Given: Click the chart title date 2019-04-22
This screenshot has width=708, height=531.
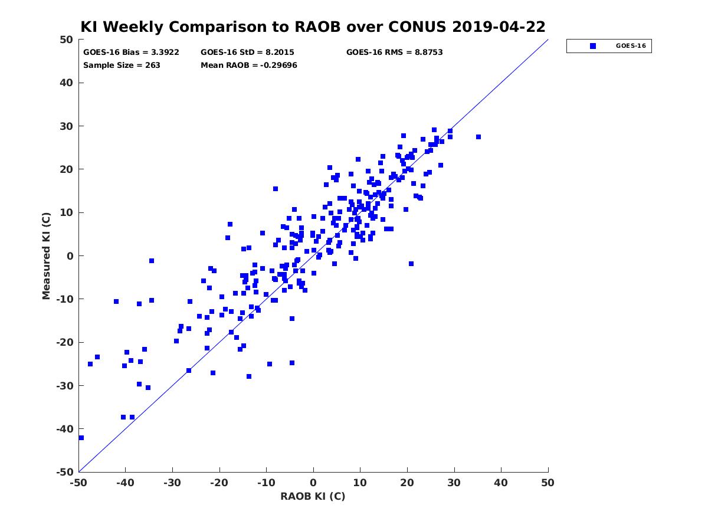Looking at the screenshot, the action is pos(499,27).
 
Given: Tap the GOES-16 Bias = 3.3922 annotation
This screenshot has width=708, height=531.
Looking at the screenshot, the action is pos(131,53).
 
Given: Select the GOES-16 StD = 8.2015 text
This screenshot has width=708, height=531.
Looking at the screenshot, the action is pos(247,53).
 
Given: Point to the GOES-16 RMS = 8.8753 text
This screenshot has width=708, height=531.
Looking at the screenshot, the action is pos(394,53).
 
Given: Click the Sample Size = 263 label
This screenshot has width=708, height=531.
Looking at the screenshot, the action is pos(122,65).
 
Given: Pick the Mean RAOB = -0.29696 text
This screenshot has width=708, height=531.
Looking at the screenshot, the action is pos(249,65).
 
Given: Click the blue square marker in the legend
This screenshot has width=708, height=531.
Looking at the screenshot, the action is pos(592,46).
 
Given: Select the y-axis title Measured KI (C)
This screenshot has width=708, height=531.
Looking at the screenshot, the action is pos(46,255).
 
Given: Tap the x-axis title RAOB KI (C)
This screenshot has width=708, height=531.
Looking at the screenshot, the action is pos(313,496).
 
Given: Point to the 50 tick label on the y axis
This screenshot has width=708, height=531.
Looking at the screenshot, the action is pos(66,40).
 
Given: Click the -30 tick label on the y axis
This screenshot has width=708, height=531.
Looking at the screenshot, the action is pos(64,386).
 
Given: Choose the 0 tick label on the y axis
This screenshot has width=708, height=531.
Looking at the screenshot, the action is pos(70,256).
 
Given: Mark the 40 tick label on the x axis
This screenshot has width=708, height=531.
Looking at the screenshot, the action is pos(500,483).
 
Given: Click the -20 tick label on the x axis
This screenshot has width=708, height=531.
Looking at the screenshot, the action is pos(219,483).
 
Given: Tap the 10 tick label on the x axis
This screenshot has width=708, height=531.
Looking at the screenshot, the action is pos(360,483).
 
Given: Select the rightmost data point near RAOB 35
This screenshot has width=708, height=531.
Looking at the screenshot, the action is pos(478,137).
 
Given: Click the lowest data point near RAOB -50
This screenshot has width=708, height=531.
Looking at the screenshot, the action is pos(81,438).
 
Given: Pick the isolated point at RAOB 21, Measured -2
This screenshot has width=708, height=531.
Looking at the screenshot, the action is pos(411,264).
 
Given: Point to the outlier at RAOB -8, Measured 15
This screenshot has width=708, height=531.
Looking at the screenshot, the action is pos(275,189).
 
